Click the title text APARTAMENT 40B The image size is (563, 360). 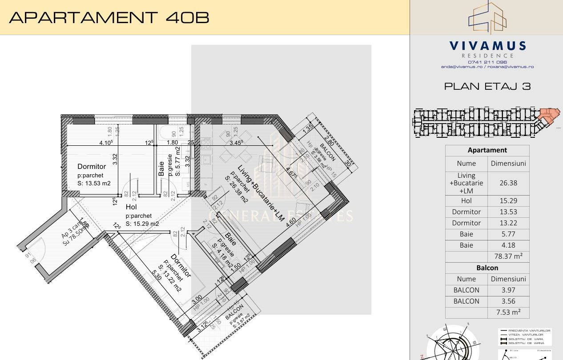[x=109, y=17]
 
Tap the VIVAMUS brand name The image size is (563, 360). [x=487, y=46]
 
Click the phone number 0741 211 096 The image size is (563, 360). [x=487, y=62]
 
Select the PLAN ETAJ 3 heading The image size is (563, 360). [x=487, y=86]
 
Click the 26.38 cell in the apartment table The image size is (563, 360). [x=508, y=183]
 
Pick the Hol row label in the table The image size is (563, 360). [x=466, y=200]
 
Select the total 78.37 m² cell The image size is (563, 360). [x=508, y=256]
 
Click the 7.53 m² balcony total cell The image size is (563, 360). [x=508, y=312]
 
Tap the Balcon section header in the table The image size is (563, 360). [x=487, y=268]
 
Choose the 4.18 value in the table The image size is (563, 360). [x=508, y=245]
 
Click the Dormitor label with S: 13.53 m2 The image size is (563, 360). [x=92, y=167]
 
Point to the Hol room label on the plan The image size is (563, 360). [x=131, y=207]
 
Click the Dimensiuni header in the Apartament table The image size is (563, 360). [x=508, y=163]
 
